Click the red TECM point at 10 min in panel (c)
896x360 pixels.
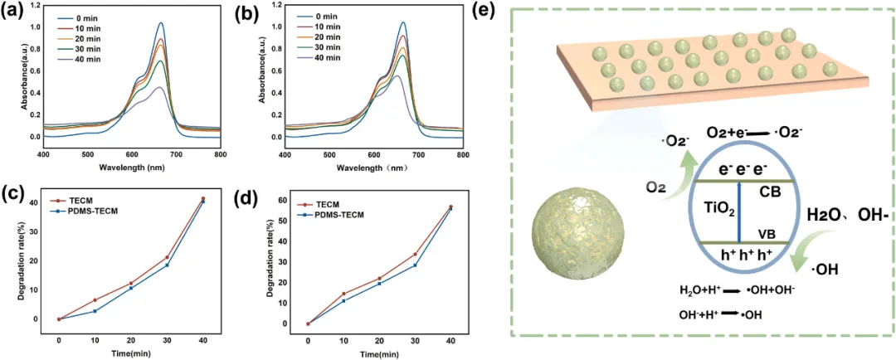[x=95, y=300]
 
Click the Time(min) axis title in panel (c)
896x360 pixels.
[x=131, y=352]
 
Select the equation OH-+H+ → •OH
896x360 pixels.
[x=721, y=314]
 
